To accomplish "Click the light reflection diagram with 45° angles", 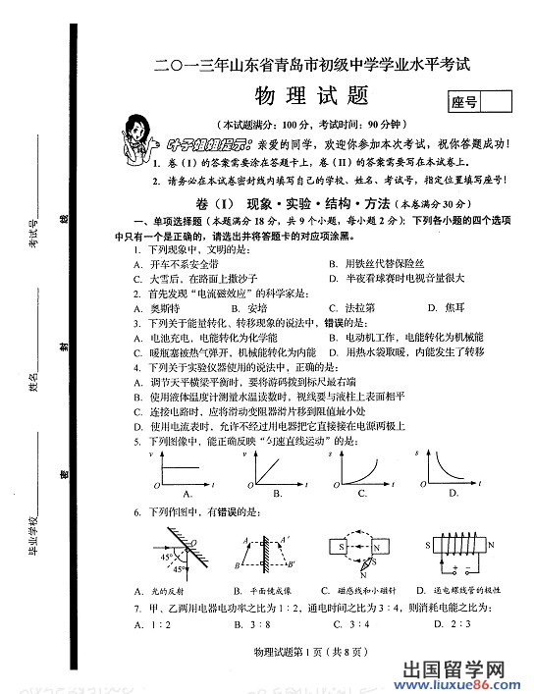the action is pyautogui.click(x=172, y=556).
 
